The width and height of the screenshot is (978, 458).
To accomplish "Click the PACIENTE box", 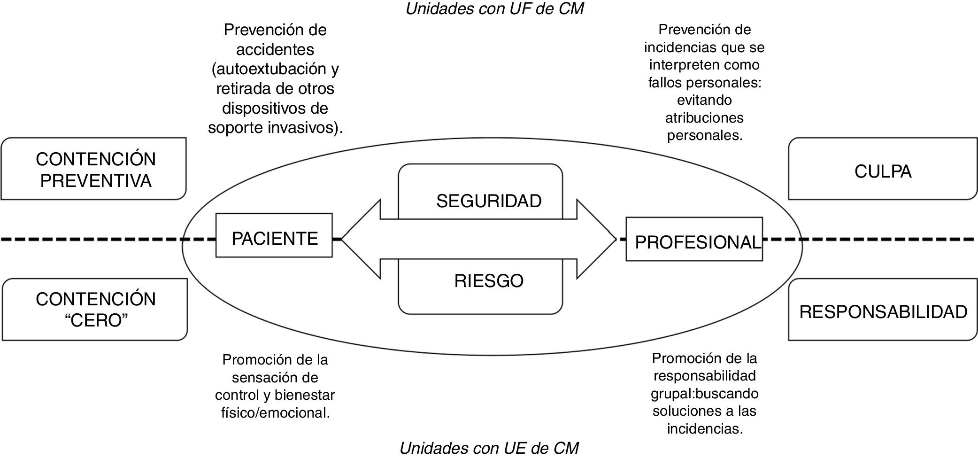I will pyautogui.click(x=274, y=235).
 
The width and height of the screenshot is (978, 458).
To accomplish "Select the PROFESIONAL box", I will pyautogui.click(x=694, y=239).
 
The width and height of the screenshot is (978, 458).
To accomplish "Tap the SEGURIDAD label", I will pyautogui.click(x=489, y=201).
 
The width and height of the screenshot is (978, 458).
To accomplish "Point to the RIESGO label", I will pyautogui.click(x=489, y=281).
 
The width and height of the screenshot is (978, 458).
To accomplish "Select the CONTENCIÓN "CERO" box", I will pyautogui.click(x=95, y=310).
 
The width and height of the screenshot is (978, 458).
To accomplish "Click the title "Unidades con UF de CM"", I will pyautogui.click(x=494, y=8).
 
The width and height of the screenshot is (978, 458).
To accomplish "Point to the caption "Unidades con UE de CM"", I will pyautogui.click(x=489, y=448).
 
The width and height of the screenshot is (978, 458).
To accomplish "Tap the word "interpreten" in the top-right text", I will pyautogui.click(x=688, y=65).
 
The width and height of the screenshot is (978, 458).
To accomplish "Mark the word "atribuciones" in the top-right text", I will pyautogui.click(x=704, y=117).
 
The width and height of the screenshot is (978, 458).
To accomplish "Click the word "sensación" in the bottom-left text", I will pyautogui.click(x=275, y=377).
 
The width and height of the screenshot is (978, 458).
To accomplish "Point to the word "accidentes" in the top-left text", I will pyautogui.click(x=275, y=49).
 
